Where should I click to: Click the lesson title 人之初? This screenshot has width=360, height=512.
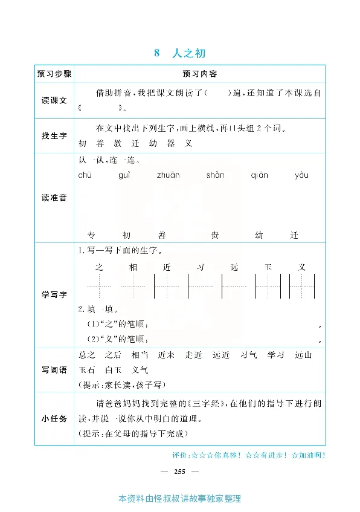[188, 54]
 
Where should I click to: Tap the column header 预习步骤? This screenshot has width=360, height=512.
[54, 74]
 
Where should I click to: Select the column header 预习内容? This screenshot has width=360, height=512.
[199, 74]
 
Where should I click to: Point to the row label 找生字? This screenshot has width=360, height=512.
[54, 136]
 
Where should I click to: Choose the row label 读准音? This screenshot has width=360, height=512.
[54, 198]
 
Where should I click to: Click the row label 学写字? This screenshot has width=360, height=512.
[54, 294]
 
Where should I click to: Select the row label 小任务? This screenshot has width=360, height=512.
[54, 415]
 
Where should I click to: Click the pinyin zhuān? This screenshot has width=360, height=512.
[169, 175]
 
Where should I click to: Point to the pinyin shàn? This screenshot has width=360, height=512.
[215, 175]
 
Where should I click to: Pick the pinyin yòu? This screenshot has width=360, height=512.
[301, 175]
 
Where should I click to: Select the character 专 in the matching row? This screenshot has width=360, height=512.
[92, 235]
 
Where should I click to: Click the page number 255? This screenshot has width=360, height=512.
[179, 472]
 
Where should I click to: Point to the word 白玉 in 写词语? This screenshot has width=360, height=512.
[113, 370]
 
